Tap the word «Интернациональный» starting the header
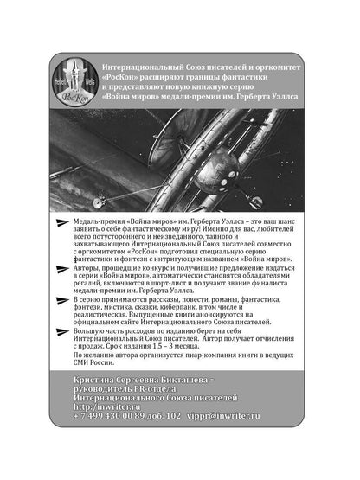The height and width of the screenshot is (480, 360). (142, 67)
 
